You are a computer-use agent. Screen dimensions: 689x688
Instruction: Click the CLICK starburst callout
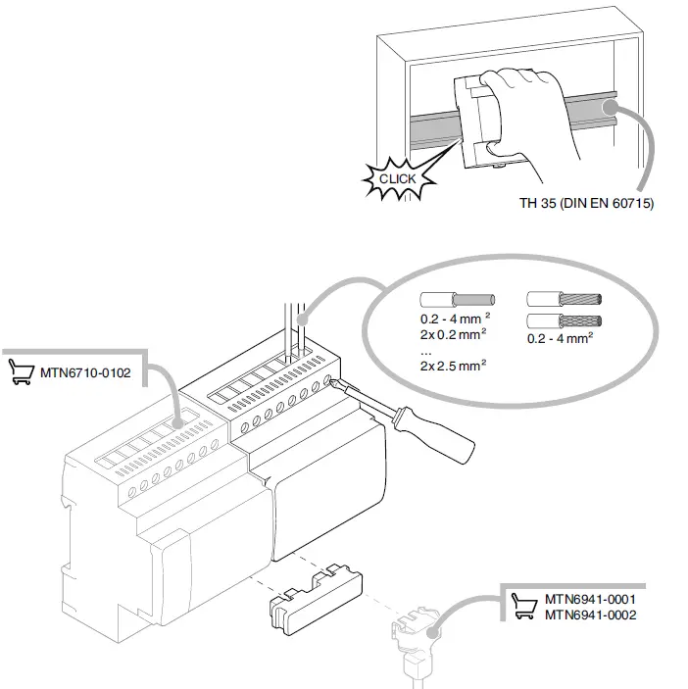click(x=398, y=179)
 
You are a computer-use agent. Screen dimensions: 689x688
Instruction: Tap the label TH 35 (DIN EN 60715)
click(x=586, y=205)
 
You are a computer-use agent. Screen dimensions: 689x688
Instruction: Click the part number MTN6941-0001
click(x=591, y=599)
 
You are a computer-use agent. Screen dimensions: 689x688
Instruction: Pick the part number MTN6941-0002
click(x=591, y=615)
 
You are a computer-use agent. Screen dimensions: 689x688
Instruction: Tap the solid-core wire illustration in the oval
click(x=456, y=299)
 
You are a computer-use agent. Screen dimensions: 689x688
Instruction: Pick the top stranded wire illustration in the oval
click(x=562, y=299)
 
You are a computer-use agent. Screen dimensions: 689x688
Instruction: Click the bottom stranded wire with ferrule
click(x=562, y=320)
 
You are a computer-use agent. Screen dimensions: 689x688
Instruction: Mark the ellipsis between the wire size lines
click(x=425, y=349)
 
